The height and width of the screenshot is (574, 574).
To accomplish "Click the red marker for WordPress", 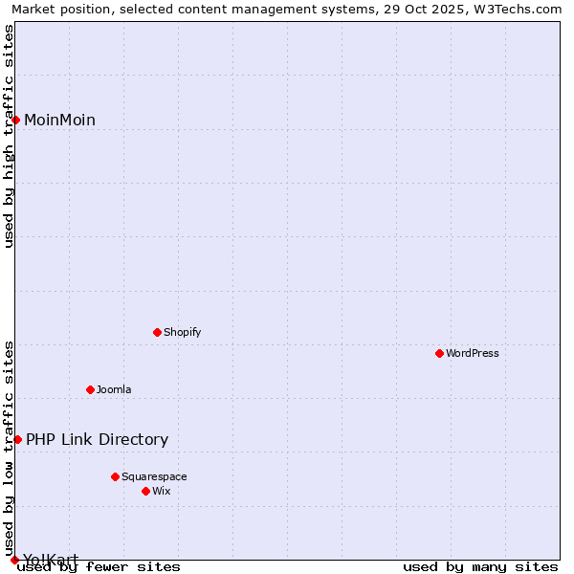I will click(439, 353).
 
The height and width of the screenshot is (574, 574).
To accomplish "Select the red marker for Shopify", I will click(157, 332).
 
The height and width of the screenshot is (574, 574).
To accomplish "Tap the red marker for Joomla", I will click(90, 389).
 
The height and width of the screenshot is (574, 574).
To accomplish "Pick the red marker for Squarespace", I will click(115, 476).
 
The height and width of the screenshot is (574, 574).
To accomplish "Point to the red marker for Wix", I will click(145, 491).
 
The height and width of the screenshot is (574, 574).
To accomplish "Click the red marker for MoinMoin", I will click(16, 120).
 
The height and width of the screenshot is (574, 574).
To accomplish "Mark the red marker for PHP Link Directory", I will click(17, 439).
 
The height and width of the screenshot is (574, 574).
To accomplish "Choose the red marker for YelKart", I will click(14, 560).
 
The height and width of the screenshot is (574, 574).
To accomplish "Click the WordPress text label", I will click(473, 353).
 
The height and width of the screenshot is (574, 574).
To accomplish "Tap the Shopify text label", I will click(182, 332).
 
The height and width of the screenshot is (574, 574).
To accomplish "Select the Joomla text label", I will click(114, 389).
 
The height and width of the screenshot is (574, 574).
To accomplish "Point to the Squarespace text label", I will click(154, 476).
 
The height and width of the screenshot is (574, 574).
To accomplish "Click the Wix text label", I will click(162, 491).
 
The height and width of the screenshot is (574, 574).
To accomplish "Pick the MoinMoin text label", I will click(59, 120).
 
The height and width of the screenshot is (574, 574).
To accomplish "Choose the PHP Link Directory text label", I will click(97, 439).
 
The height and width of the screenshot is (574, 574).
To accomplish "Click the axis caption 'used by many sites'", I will click(480, 566).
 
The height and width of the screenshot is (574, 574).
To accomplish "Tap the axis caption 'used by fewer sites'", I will click(99, 566).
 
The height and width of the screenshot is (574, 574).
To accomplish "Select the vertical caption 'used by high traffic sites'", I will click(9, 136).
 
